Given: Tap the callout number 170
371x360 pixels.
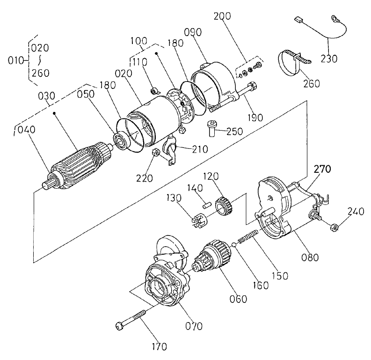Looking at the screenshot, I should click(x=160, y=347).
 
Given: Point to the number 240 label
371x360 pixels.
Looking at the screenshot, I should click(x=356, y=211).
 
